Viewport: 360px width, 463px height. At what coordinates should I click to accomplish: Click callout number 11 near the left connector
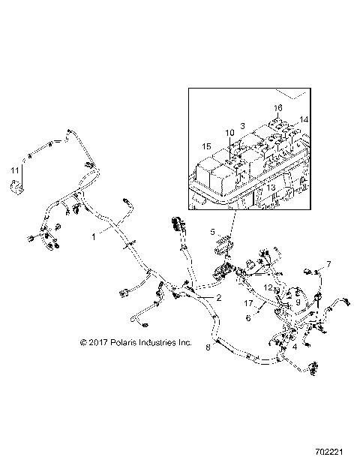tap(14, 172)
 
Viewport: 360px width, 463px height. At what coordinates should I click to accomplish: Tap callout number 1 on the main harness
tap(94, 236)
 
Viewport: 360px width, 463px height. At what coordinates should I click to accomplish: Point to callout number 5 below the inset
tap(212, 232)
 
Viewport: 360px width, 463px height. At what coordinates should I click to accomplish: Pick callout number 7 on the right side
tap(328, 263)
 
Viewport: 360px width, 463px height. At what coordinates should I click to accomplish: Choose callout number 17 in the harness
tap(247, 305)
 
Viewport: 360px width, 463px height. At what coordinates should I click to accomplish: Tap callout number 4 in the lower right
tap(295, 347)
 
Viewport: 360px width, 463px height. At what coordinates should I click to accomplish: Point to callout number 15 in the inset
tap(206, 146)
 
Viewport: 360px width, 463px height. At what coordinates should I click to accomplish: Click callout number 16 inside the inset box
tap(277, 108)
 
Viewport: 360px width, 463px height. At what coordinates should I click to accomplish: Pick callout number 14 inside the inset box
tap(304, 120)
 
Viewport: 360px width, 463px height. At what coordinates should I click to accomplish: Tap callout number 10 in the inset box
tap(230, 133)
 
